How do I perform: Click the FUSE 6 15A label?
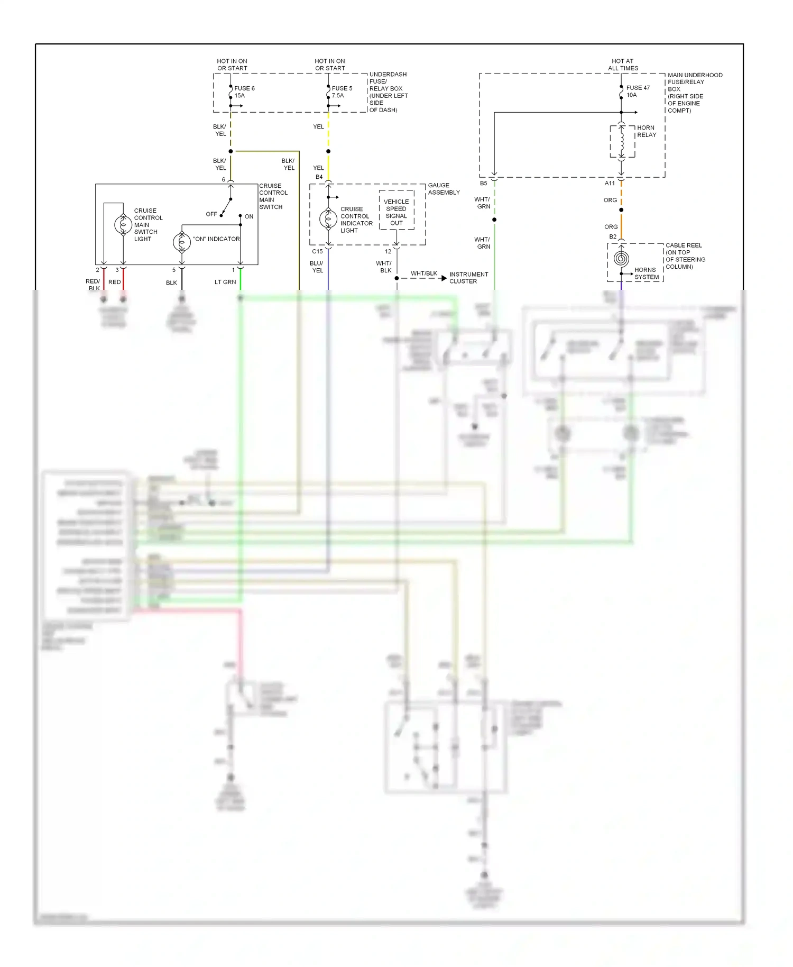click(x=244, y=92)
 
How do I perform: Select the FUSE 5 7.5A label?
click(x=341, y=92)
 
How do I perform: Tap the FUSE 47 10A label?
click(x=637, y=92)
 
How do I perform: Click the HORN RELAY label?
click(x=646, y=131)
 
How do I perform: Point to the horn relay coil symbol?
click(x=622, y=141)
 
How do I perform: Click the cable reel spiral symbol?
click(x=621, y=259)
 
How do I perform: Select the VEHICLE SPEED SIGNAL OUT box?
click(x=396, y=212)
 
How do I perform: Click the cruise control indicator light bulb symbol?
click(x=328, y=218)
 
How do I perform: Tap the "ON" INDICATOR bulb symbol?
click(x=182, y=242)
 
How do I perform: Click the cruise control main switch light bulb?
click(x=123, y=225)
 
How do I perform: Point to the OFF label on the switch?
click(x=211, y=214)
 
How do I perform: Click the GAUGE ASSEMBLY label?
click(x=443, y=189)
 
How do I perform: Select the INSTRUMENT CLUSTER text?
click(x=468, y=278)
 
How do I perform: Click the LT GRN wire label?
click(x=225, y=282)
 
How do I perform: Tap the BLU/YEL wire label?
click(x=317, y=267)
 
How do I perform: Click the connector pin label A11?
click(x=610, y=184)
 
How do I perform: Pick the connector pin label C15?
click(x=317, y=251)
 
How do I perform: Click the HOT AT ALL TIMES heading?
click(x=623, y=65)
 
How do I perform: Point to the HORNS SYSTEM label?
click(x=646, y=273)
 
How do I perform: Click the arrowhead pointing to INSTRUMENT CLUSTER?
click(x=444, y=278)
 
